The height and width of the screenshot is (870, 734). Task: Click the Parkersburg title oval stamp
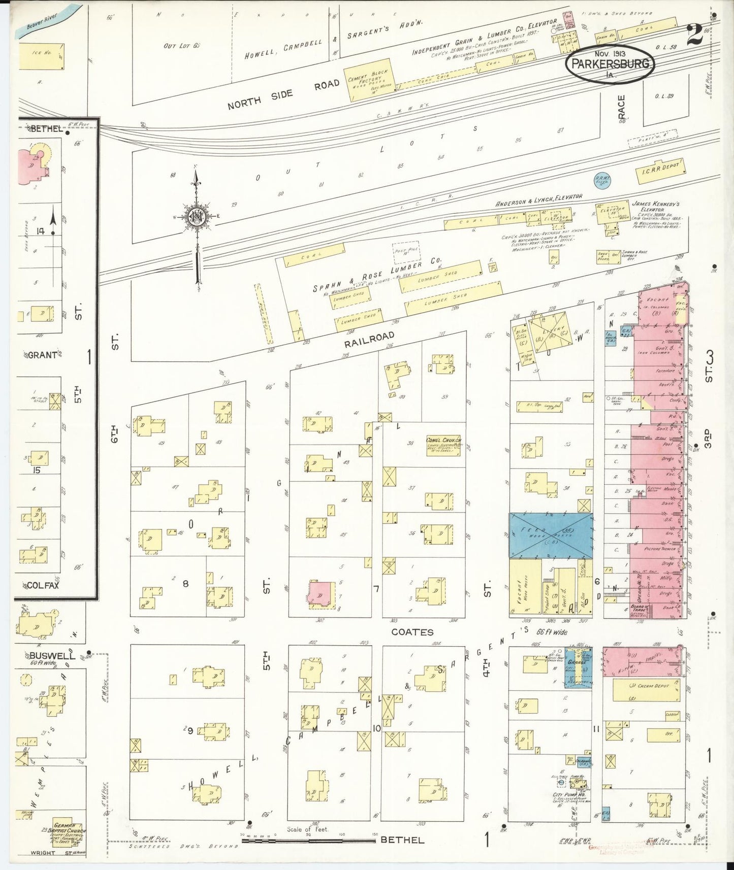click(610, 64)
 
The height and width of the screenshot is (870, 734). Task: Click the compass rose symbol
click(197, 216)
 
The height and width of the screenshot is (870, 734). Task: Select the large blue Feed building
click(551, 536)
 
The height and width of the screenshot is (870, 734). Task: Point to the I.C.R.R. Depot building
click(660, 171)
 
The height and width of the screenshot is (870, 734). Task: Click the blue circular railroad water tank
click(602, 180)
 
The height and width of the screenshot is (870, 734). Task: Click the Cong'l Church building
click(443, 445)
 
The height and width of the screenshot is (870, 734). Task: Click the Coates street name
click(412, 632)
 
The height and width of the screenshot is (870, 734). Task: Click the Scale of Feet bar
click(310, 841)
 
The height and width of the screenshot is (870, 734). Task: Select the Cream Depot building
click(646, 690)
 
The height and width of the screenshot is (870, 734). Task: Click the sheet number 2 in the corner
click(694, 35)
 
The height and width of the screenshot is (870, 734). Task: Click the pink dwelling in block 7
click(321, 593)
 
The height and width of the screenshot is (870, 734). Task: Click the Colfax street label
click(43, 585)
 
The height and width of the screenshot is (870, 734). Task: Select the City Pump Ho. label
click(567, 795)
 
